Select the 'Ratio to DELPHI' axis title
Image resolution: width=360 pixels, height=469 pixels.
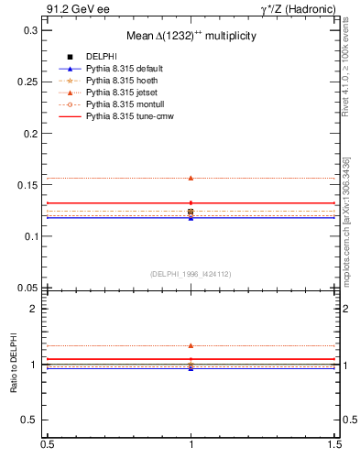tap(14, 365)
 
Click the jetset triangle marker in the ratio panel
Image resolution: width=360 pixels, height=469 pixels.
tap(191, 345)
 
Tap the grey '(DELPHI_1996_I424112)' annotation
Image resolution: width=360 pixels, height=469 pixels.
tap(191, 273)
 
